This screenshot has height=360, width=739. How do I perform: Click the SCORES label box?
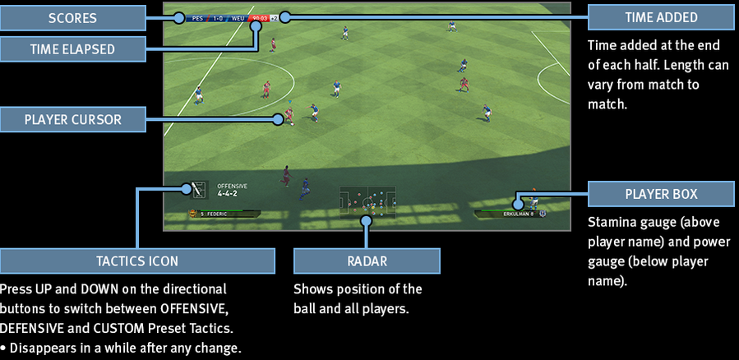pos(73,16)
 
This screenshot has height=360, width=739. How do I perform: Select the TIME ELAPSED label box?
pos(73,48)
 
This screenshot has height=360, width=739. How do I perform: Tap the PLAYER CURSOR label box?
pos(73,119)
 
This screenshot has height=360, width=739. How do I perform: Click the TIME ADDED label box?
pos(661,16)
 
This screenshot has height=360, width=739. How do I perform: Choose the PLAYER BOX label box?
pos(661,194)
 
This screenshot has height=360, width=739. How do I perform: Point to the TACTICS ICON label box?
pos(137,261)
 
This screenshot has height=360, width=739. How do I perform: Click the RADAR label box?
pos(366,261)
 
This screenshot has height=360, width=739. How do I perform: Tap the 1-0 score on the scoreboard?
pos(219,16)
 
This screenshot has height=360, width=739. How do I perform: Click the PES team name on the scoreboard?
pos(198,16)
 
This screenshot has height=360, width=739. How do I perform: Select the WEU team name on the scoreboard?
pos(238,16)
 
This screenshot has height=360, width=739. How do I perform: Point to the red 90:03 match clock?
pos(260,16)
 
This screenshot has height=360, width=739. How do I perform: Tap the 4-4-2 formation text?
pos(228,193)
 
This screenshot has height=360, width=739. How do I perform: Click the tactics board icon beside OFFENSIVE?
pos(198,190)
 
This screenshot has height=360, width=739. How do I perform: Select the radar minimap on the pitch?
pos(367,200)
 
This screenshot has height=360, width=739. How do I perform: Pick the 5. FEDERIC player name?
pos(215,214)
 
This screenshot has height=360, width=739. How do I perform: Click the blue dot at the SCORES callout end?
pos(178,16)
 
